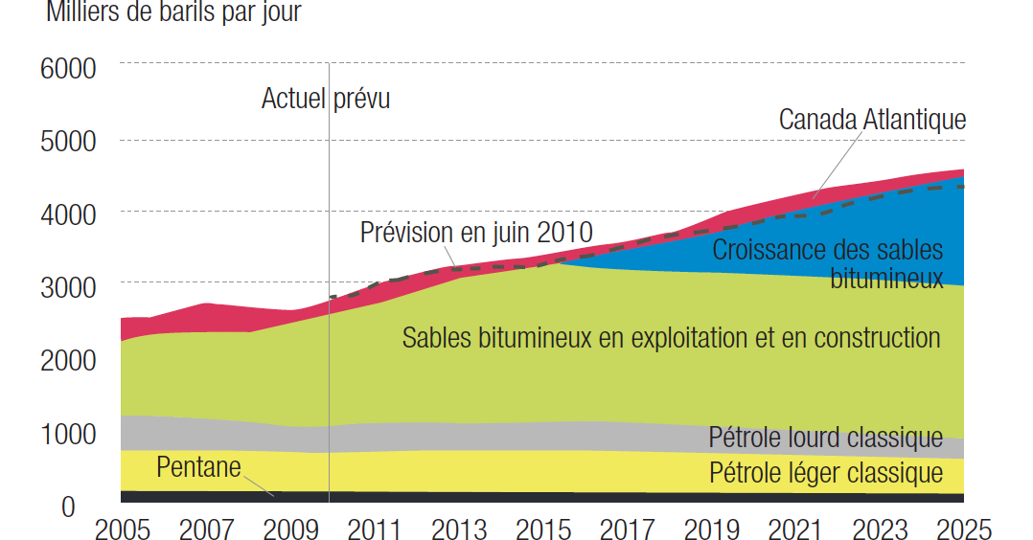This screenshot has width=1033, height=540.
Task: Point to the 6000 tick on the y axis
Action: coord(68,69)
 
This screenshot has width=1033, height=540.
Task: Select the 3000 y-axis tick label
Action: coord(68,287)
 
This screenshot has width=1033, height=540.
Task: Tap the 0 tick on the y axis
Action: coord(68,506)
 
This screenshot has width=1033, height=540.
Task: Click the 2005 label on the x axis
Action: coord(124,529)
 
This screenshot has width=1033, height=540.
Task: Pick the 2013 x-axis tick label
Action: coord(462,529)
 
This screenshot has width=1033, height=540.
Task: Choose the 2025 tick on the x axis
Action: coord(962,529)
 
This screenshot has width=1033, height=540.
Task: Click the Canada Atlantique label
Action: coord(872,120)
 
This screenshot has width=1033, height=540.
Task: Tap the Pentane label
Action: coord(198,467)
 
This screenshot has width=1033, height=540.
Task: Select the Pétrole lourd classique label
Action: coord(826,438)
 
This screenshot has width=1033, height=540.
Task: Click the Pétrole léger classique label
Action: coord(826,472)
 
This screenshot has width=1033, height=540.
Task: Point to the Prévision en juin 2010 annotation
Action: coord(476,233)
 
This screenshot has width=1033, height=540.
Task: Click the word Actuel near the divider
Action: coord(294,99)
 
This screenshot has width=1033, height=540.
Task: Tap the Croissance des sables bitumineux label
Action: coord(828,263)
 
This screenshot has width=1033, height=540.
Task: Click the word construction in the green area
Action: coord(862,337)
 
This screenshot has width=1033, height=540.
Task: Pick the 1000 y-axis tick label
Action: coord(68,434)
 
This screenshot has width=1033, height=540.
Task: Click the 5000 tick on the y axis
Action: coord(68,142)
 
